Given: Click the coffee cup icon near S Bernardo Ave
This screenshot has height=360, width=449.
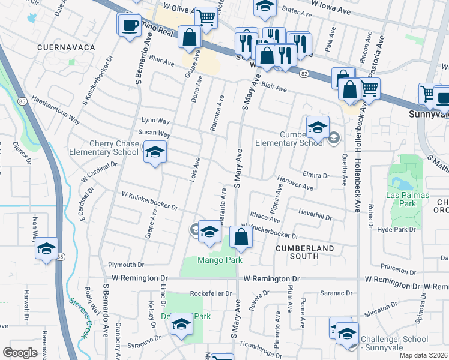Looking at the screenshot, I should pyautogui.click(x=129, y=25).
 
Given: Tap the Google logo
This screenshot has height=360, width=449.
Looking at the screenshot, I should pyautogui.click(x=20, y=352).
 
